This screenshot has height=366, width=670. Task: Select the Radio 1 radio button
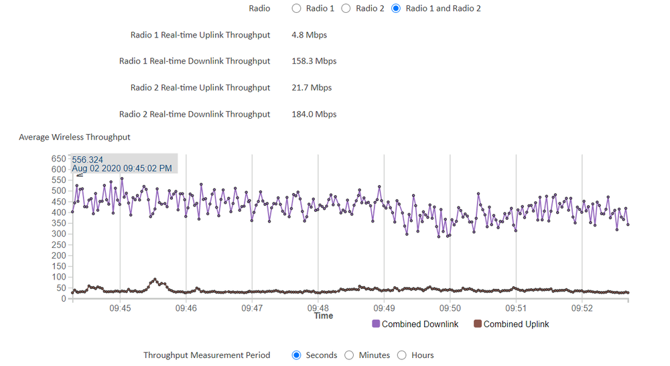coord(297,9)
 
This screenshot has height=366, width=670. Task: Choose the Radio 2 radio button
coord(346,9)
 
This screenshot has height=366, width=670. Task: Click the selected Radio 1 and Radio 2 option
coord(396,9)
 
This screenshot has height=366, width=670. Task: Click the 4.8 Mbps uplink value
coord(309,35)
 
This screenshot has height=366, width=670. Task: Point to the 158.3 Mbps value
coord(314,61)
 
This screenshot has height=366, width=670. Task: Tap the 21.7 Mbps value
coord(312,88)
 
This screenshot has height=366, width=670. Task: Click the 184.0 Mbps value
coord(314,114)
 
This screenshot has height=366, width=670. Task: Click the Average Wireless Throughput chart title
coord(74,137)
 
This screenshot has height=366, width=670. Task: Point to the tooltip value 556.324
coord(87,160)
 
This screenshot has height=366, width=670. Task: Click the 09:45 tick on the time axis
coord(120,308)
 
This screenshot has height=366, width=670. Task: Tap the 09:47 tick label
coord(252,308)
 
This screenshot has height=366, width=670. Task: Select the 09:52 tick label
coord(582,308)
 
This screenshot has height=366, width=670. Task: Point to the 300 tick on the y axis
coord(59,234)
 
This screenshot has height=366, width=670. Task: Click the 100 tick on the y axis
coord(59,277)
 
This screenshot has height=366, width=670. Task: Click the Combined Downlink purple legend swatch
coord(376,324)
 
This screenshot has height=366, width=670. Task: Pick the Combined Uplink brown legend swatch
coord(478,324)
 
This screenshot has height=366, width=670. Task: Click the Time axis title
coord(324,316)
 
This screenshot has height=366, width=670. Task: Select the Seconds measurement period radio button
coord(297,355)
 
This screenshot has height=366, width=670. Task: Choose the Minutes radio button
coord(349,355)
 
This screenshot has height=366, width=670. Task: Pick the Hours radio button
coord(402,355)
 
